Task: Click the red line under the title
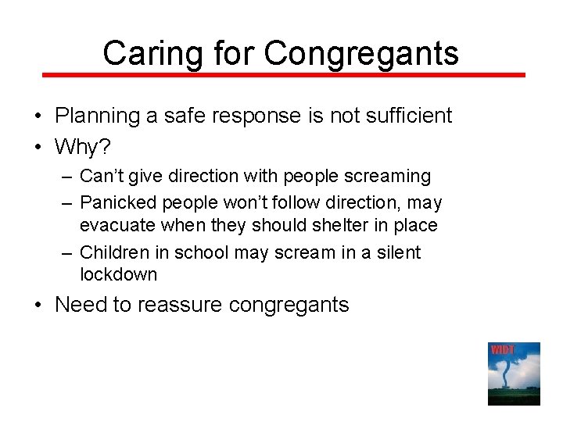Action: coord(283,75)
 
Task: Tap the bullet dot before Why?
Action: coord(38,145)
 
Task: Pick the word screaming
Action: coord(388,177)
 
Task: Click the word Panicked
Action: coord(118,203)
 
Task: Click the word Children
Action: coord(115,252)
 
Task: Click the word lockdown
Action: coord(118,274)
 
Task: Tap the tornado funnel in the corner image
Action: coord(513,375)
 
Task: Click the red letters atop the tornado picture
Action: coord(502,349)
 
